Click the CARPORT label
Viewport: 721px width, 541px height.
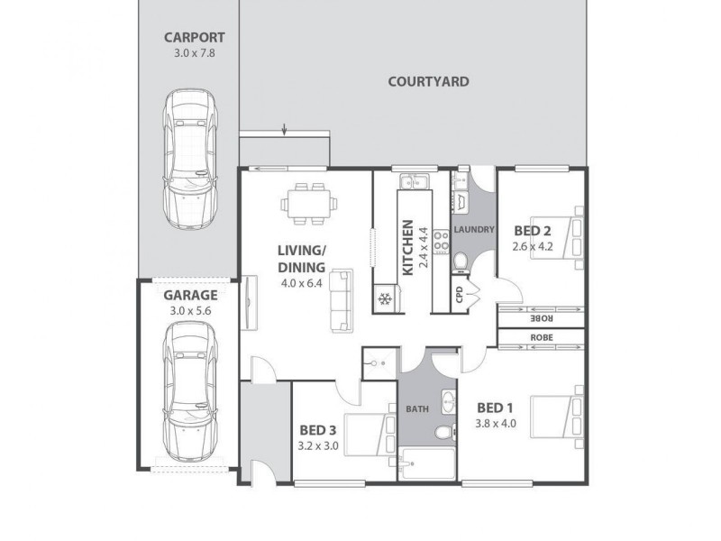194,38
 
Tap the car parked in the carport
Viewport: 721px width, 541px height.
190,162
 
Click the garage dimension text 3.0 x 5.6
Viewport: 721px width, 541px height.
189,311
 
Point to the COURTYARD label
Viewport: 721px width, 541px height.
428,81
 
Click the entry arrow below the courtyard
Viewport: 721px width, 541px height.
285,132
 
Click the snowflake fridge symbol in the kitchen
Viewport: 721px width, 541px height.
385,298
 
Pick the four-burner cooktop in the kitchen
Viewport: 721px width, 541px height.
442,242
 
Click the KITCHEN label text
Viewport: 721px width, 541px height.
408,246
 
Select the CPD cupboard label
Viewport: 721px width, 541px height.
460,295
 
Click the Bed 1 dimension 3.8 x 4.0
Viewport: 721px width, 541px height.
496,423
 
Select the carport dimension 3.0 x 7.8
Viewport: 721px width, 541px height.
194,53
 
